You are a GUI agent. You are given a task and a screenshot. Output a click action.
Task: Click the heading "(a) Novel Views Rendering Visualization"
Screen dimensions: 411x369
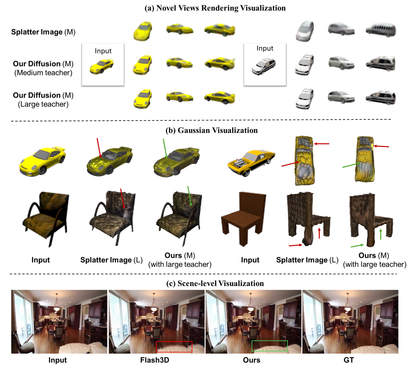click(x=215, y=8)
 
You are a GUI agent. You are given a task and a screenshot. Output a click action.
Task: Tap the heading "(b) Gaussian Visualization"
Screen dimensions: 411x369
click(x=212, y=130)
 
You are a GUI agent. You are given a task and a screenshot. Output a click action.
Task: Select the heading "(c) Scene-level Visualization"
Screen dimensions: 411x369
click(x=215, y=283)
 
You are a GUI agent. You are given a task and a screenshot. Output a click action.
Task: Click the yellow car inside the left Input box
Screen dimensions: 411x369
click(x=102, y=66)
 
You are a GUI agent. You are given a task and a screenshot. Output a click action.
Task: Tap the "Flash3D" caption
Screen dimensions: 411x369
click(x=155, y=360)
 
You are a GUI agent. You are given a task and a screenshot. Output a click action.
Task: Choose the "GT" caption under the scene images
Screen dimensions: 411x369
click(x=349, y=360)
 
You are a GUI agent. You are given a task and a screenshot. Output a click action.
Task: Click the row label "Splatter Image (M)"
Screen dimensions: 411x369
click(x=43, y=32)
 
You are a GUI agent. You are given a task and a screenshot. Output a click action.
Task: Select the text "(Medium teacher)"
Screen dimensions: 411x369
click(x=43, y=72)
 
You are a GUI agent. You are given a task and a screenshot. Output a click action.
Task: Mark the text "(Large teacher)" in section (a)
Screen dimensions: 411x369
click(x=43, y=104)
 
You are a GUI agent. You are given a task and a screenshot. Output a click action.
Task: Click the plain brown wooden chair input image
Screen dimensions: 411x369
click(x=244, y=218)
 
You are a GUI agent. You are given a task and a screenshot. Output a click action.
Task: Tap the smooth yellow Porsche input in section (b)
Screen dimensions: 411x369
click(x=42, y=161)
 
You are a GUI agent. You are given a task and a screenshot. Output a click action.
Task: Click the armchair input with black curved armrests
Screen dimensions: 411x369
click(x=46, y=219)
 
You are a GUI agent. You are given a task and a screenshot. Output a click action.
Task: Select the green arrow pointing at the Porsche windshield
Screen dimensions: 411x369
click(x=165, y=148)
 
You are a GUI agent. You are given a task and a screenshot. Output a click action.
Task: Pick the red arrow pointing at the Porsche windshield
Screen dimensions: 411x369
click(x=99, y=148)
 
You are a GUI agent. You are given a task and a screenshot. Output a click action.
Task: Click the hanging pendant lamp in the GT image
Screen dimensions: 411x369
click(x=348, y=304)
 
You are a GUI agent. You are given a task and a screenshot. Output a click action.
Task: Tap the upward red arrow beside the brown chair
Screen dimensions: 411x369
click(x=319, y=233)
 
